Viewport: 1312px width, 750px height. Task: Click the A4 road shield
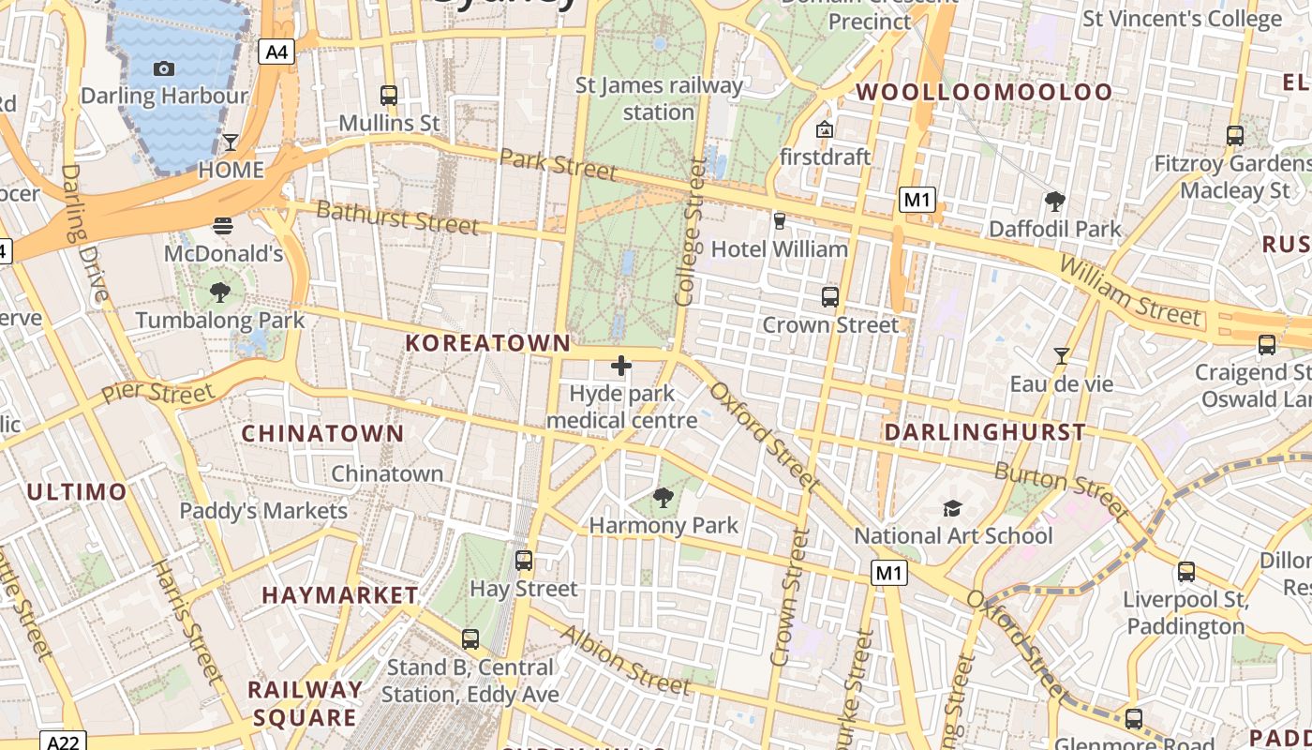tap(276, 52)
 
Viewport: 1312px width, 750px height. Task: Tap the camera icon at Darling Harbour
tap(164, 68)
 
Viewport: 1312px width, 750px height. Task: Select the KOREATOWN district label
tap(487, 344)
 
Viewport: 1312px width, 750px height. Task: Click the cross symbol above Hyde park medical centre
tap(621, 366)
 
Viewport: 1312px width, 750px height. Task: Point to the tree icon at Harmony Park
tap(663, 498)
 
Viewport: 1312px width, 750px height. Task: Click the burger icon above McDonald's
tap(223, 225)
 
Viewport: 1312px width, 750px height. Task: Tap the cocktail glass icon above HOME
tap(231, 142)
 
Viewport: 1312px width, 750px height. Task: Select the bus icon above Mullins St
tap(388, 95)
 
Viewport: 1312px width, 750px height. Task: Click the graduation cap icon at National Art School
tap(952, 508)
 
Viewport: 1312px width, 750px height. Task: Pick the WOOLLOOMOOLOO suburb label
tap(984, 92)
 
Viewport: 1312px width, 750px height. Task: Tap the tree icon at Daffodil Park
tap(1054, 201)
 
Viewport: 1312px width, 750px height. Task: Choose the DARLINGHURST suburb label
tap(985, 432)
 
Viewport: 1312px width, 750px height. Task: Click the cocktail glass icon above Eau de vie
tap(1061, 356)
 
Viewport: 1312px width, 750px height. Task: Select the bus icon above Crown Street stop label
tap(829, 297)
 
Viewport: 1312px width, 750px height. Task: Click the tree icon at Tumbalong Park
tap(220, 292)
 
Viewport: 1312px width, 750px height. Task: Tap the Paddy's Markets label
tap(263, 511)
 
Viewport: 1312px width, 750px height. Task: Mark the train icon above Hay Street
tap(524, 561)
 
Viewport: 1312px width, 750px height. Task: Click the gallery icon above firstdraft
tap(825, 129)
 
